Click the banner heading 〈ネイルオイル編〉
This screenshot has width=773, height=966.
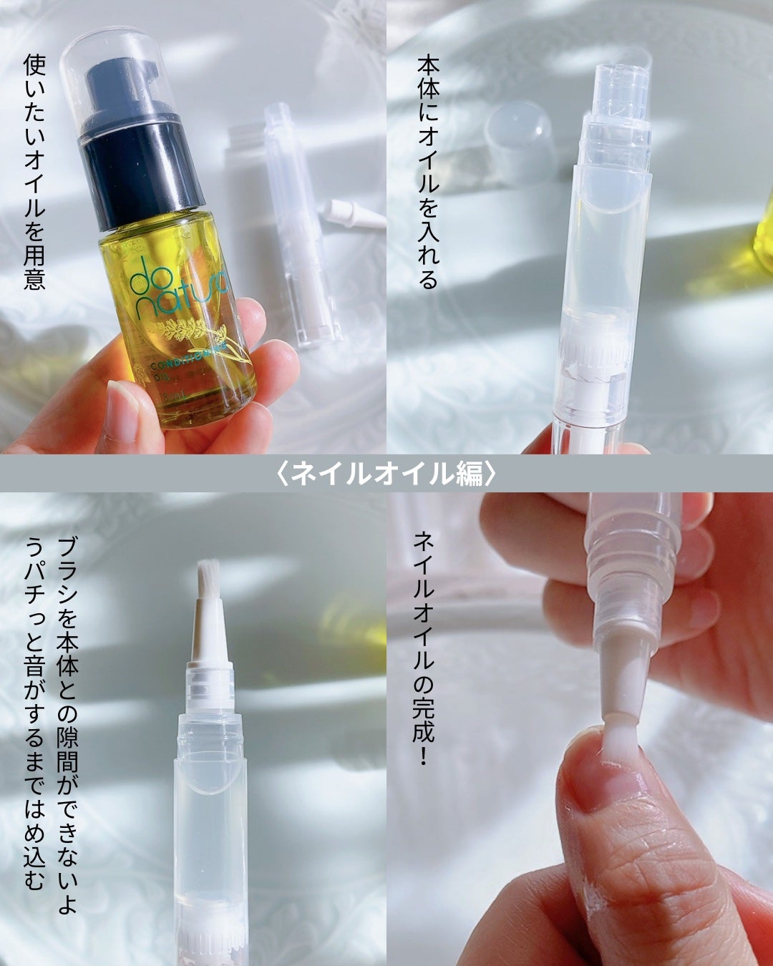click(x=386, y=474)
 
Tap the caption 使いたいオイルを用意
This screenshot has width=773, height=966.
click(x=34, y=172)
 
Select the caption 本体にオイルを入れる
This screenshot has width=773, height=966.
click(x=427, y=172)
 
